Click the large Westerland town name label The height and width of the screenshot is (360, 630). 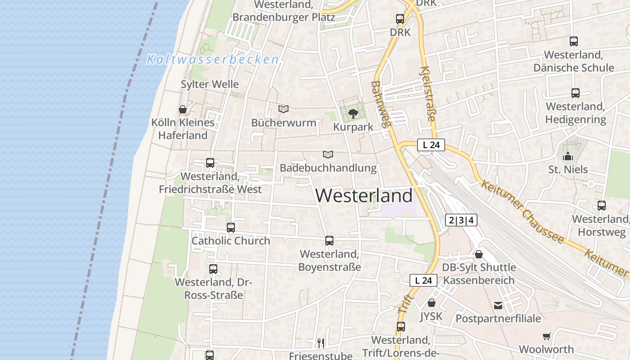pyautogui.click(x=364, y=196)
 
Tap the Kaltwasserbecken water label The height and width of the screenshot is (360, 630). pyautogui.click(x=213, y=59)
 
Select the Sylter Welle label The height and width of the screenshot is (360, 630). pyautogui.click(x=210, y=84)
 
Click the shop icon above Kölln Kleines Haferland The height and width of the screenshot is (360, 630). pyautogui.click(x=183, y=109)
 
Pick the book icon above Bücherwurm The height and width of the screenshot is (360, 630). pyautogui.click(x=283, y=109)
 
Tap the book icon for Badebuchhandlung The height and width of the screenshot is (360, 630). pyautogui.click(x=328, y=155)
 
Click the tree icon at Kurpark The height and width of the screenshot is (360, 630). pyautogui.click(x=353, y=113)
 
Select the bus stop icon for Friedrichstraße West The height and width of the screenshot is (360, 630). pyautogui.click(x=210, y=163)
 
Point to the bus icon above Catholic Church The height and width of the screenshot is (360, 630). pyautogui.click(x=231, y=228)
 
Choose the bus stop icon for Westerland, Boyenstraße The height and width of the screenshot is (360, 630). pyautogui.click(x=329, y=241)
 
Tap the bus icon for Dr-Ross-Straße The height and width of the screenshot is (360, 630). pyautogui.click(x=213, y=269)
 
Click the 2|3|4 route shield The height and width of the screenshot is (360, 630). pyautogui.click(x=461, y=220)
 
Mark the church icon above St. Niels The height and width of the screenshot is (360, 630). pyautogui.click(x=568, y=157)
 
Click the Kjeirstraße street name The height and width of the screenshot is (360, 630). pyautogui.click(x=427, y=94)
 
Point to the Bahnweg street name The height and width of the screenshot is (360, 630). pyautogui.click(x=382, y=103)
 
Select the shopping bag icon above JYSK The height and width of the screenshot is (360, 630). pyautogui.click(x=431, y=303)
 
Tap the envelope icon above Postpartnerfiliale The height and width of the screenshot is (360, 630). pyautogui.click(x=498, y=306)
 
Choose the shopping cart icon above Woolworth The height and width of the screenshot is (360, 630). pyautogui.click(x=547, y=336)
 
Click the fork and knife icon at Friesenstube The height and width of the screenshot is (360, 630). pyautogui.click(x=320, y=343)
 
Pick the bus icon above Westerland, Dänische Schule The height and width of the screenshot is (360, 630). pyautogui.click(x=573, y=41)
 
